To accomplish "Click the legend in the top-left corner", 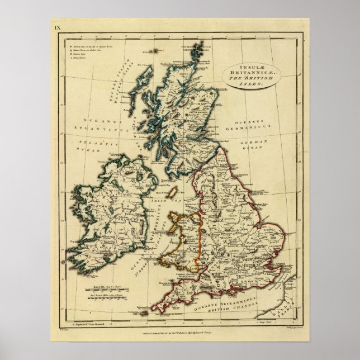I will [x=78, y=51].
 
